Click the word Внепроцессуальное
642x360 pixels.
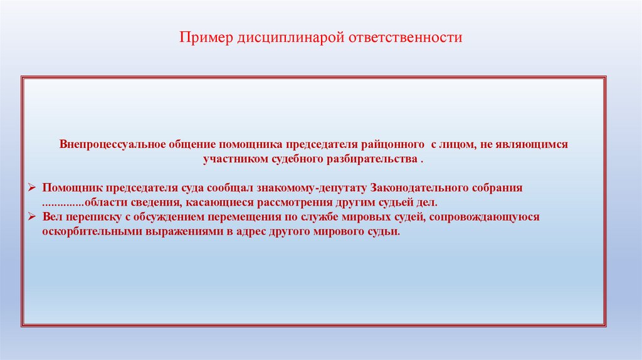(x=111, y=144)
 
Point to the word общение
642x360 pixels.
(x=189, y=144)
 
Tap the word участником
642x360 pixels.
(x=229, y=159)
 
